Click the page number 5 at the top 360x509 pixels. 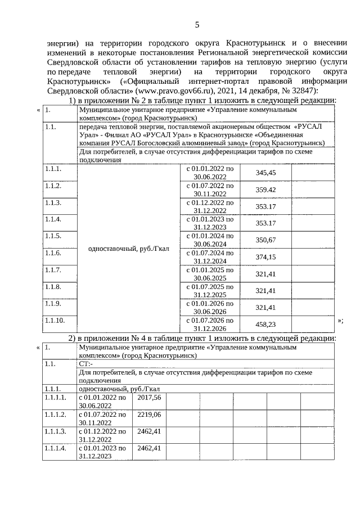coord(197,24)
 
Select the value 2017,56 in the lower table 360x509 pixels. coord(148,397)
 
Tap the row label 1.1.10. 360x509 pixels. coord(55,321)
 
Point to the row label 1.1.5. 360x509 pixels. coord(53,236)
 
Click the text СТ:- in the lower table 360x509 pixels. coord(86,363)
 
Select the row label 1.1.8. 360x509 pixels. coord(53,287)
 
